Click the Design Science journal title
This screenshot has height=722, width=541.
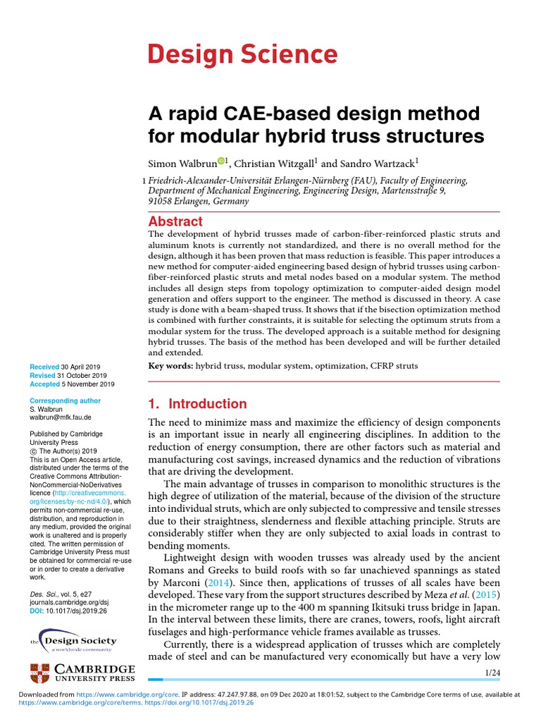click(x=242, y=54)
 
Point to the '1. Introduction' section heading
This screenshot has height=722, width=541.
click(x=197, y=404)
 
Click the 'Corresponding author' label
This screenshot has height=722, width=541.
click(x=66, y=400)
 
